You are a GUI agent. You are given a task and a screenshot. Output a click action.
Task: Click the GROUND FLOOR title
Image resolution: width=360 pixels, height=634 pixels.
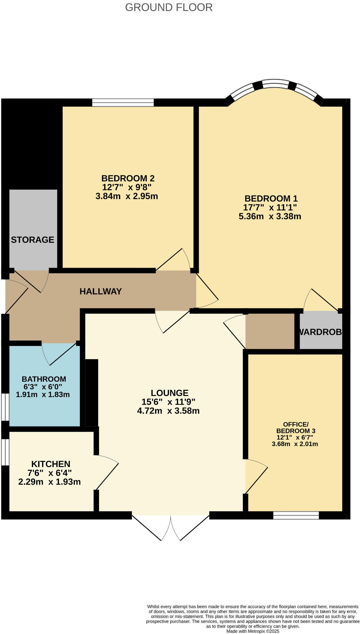pos(169,7)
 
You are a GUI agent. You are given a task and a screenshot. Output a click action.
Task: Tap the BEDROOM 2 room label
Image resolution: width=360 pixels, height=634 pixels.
pos(128,178)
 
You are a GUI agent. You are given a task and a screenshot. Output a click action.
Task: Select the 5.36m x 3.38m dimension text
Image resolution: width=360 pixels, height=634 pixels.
pos(270,216)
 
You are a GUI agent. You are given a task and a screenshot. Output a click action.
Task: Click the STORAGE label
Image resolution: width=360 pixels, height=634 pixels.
pos(32,240)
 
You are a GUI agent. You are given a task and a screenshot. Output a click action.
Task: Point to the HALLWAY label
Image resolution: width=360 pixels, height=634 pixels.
pos(100,292)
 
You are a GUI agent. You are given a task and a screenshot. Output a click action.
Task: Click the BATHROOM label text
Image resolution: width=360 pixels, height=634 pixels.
pos(44,379)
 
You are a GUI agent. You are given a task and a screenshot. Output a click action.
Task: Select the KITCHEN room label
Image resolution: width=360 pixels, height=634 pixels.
pos(51,464)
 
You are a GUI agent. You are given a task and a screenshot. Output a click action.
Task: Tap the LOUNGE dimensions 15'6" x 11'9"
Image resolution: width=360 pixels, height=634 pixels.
pos(168,402)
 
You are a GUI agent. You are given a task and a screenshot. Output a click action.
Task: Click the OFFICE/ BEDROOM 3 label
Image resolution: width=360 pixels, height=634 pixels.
pos(295,428)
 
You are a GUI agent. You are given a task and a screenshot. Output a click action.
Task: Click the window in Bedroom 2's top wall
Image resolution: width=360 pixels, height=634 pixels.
pos(123,103)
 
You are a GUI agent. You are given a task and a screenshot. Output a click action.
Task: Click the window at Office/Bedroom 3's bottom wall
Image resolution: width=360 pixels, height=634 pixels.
pos(296,515)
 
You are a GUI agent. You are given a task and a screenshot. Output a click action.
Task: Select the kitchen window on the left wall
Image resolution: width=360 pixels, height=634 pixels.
pos(5,452)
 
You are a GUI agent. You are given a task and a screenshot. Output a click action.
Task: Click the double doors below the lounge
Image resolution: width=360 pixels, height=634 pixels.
pos(171,527)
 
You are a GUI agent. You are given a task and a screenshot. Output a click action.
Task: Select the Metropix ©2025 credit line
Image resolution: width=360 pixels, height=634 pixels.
pos(252,631)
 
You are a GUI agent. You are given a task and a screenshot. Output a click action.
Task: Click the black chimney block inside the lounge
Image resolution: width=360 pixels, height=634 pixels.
pos(92,392)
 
